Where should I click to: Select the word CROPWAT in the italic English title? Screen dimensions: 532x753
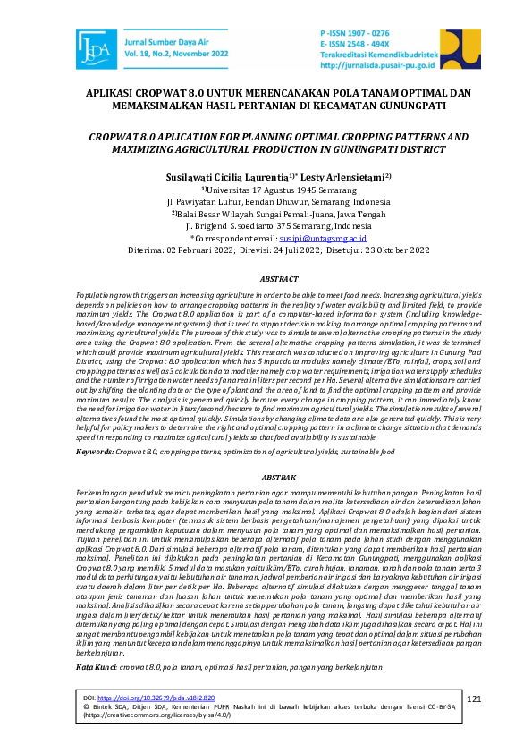108,137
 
